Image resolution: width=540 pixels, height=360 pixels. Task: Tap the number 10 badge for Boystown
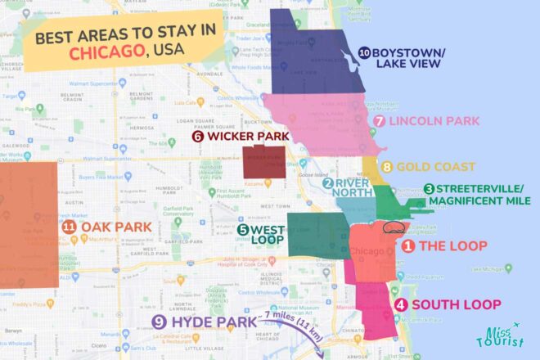pyautogui.click(x=362, y=51)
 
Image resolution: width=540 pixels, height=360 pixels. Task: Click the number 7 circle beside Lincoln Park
pyautogui.click(x=378, y=121)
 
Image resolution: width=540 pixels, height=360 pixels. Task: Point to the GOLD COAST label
pyautogui.click(x=435, y=167)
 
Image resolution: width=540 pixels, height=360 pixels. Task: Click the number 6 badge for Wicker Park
pyautogui.click(x=198, y=137)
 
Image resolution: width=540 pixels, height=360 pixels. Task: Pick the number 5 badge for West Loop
pyautogui.click(x=243, y=230)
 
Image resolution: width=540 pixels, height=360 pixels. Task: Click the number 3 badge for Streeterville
pyautogui.click(x=429, y=189)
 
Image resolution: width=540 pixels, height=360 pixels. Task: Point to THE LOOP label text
pyautogui.click(x=454, y=245)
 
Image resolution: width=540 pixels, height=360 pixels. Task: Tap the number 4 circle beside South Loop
pyautogui.click(x=400, y=305)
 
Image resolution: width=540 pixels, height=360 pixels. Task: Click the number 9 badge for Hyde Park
pyautogui.click(x=159, y=322)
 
